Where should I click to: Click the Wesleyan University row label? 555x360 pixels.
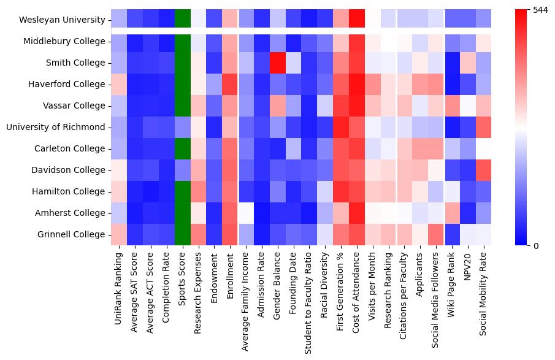click(62, 20)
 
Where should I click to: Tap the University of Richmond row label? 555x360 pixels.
click(56, 127)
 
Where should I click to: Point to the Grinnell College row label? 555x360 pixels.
click(71, 234)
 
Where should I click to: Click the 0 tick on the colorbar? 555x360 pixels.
click(535, 245)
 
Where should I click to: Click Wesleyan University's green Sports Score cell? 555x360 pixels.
click(183, 20)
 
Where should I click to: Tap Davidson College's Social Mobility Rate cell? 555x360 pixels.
click(483, 170)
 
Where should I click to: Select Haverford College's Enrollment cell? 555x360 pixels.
click(230, 84)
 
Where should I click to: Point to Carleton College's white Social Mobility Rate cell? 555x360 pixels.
click(483, 148)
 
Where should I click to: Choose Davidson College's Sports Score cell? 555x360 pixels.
click(183, 170)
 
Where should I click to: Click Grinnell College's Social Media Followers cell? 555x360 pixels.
click(436, 234)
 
